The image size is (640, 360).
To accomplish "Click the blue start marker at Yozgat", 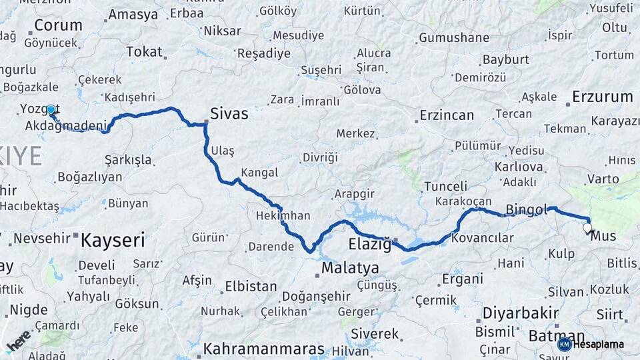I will pyautogui.click(x=51, y=109).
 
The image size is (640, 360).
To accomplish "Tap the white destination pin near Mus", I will pyautogui.click(x=587, y=229).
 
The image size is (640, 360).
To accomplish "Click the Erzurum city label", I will pyautogui.click(x=602, y=97).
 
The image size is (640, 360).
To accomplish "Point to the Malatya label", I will pyautogui.click(x=350, y=268).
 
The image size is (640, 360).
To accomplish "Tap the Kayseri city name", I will pyautogui.click(x=113, y=240).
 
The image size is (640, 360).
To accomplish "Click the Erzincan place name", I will pyautogui.click(x=447, y=115).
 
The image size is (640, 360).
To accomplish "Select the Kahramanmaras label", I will pyautogui.click(x=264, y=349).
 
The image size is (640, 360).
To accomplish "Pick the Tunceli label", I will pyautogui.click(x=445, y=186).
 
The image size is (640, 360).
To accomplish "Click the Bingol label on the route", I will pyautogui.click(x=526, y=210).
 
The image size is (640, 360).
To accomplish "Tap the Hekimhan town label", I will pyautogui.click(x=283, y=216).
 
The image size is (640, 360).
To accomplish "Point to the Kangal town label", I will pyautogui.click(x=259, y=173).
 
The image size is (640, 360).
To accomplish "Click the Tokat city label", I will pyautogui.click(x=144, y=51).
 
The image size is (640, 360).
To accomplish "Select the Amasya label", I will pyautogui.click(x=133, y=15).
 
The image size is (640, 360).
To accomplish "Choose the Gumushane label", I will pyautogui.click(x=453, y=38).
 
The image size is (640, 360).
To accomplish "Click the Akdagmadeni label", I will pyautogui.click(x=66, y=125).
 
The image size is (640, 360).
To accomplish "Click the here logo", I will pyautogui.click(x=19, y=341).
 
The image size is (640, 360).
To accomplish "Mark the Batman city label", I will pyautogui.click(x=556, y=336).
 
